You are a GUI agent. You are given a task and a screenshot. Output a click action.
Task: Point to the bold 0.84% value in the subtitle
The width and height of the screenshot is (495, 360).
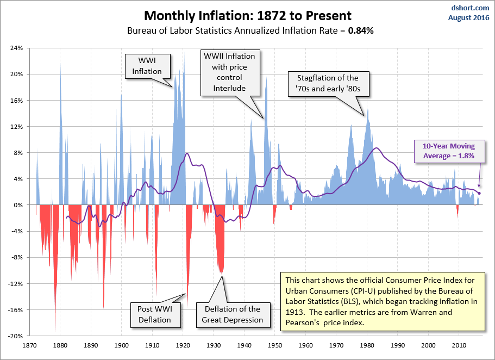[x=361, y=31]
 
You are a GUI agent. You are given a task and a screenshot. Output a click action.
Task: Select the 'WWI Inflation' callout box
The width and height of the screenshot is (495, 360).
[x=147, y=66]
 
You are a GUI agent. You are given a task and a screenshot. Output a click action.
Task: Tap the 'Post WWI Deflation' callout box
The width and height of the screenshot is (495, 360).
[x=155, y=314]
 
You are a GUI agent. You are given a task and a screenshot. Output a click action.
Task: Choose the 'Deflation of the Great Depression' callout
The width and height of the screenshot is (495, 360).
[x=233, y=314]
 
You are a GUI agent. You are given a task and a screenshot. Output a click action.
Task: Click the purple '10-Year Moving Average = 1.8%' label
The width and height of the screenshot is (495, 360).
[x=444, y=151]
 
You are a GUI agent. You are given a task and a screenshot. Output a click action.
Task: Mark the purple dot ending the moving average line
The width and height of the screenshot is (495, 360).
[x=479, y=193]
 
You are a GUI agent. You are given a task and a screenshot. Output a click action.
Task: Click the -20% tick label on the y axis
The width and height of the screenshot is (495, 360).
[x=15, y=336]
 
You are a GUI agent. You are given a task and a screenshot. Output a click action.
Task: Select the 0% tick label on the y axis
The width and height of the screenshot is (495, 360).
[x=18, y=205]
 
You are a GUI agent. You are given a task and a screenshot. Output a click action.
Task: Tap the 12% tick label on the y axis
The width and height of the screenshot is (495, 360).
[x=16, y=127]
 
